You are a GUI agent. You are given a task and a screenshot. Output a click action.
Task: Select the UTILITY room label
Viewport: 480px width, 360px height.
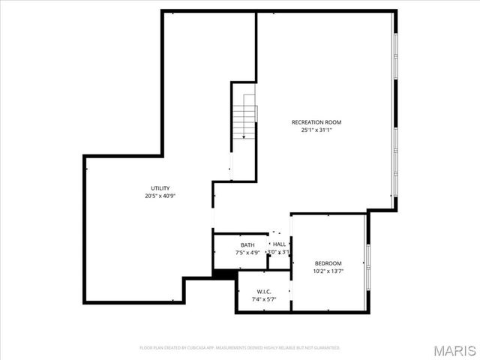[160, 188]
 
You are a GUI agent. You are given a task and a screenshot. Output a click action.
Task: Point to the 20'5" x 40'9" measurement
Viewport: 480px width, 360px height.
[160, 196]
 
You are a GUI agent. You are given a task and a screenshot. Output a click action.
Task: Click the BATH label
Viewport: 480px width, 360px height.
[247, 245]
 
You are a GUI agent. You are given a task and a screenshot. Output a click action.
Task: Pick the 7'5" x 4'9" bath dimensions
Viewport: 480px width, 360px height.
[247, 253]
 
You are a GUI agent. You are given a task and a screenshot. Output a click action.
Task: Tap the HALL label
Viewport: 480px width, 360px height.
[279, 244]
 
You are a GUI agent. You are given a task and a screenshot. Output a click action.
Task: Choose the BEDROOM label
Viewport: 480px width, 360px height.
[328, 263]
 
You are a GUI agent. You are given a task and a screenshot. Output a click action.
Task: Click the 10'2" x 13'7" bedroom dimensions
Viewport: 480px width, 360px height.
[328, 271]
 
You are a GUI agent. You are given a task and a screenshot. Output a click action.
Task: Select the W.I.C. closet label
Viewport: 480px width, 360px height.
[263, 292]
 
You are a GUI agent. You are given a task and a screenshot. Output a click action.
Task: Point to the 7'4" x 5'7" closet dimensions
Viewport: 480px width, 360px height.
[263, 299]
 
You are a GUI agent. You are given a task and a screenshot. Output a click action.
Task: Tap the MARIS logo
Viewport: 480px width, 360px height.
[453, 350]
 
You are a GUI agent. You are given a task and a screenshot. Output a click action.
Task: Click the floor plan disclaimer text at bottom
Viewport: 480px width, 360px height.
[240, 348]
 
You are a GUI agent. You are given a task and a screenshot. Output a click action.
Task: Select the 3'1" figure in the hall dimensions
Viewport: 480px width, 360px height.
[285, 252]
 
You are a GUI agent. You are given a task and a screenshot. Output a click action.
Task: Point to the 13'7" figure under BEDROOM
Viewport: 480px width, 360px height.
[337, 271]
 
